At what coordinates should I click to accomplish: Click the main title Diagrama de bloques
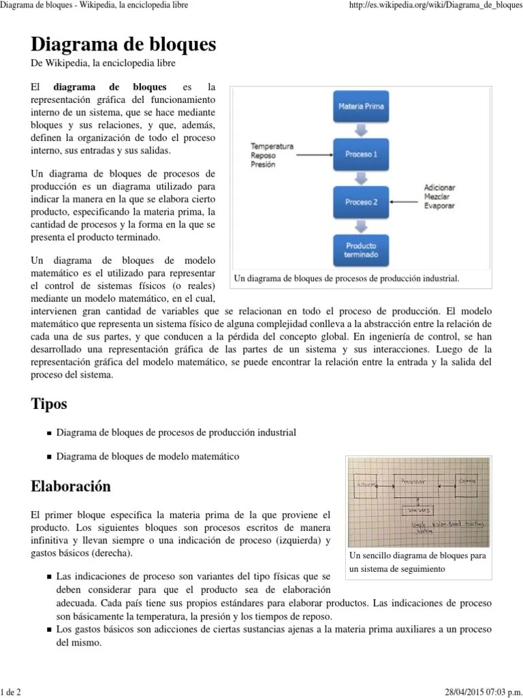(123, 45)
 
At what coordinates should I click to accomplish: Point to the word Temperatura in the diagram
(272, 146)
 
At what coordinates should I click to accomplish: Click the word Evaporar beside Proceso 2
(439, 205)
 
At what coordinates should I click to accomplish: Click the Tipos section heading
(49, 404)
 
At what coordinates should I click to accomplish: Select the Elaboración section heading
(71, 487)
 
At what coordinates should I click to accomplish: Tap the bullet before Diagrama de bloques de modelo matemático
(50, 457)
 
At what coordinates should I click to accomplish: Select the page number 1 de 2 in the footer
(12, 693)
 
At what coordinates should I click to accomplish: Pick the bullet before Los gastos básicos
(50, 629)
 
